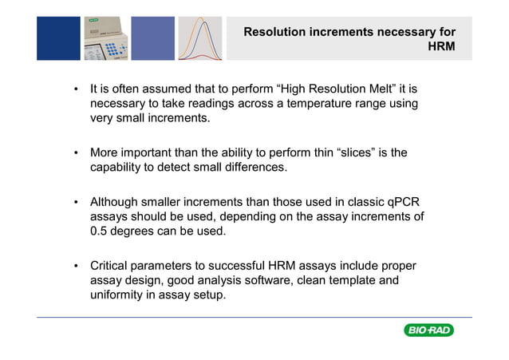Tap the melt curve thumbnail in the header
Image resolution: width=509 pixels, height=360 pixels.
click(x=200, y=38)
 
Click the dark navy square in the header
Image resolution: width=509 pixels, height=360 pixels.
click(x=58, y=38)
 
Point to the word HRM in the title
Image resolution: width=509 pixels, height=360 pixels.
click(x=441, y=47)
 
